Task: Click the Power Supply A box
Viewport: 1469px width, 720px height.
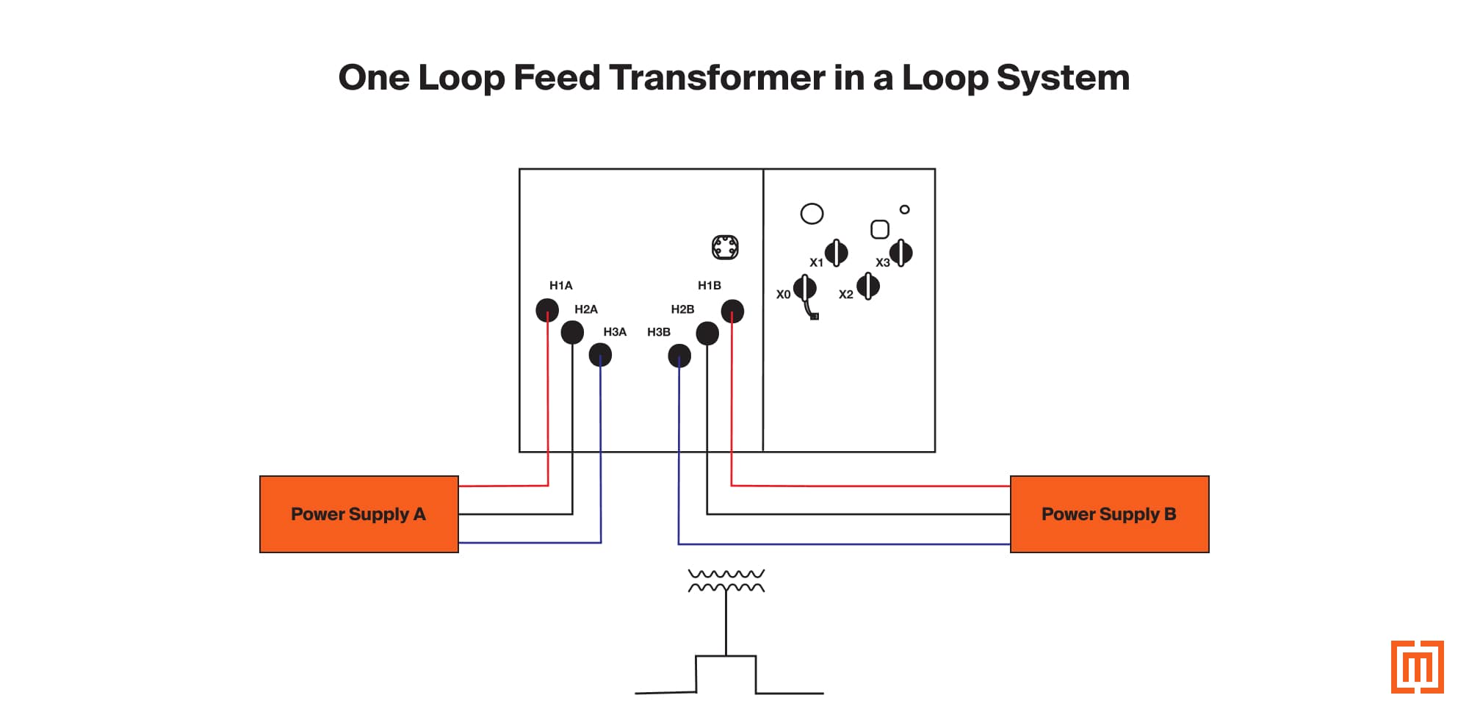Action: pos(358,514)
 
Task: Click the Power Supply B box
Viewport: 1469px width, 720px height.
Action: pos(1109,514)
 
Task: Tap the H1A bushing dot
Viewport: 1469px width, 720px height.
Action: pos(547,310)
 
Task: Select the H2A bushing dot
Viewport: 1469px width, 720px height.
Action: pos(572,333)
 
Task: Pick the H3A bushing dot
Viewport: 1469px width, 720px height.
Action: pos(600,356)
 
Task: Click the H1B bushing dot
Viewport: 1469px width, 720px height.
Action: pos(732,312)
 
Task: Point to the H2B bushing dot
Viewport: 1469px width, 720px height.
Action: pos(707,334)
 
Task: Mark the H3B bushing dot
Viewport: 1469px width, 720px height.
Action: pos(679,356)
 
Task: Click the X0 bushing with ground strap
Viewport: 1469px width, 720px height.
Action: pos(805,289)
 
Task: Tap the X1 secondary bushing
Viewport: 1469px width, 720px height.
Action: pos(837,253)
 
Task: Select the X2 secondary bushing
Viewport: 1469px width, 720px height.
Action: pos(868,286)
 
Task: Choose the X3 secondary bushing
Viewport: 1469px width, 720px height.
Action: pos(901,253)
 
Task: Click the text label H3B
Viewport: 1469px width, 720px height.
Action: pos(659,332)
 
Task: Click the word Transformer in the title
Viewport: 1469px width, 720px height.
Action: pos(717,78)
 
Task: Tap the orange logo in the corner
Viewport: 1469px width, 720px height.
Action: pos(1417,667)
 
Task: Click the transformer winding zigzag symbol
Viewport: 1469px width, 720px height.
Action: pos(726,580)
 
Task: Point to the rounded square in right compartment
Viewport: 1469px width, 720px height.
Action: pos(880,230)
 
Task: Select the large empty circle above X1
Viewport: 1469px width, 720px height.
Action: pos(812,214)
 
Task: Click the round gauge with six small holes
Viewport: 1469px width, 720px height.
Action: pos(725,248)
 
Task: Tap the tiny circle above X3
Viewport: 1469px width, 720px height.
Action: pos(905,209)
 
